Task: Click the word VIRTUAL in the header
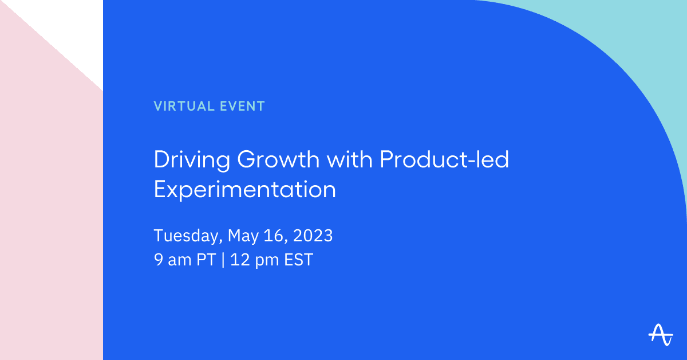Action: (184, 106)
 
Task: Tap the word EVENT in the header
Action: (242, 106)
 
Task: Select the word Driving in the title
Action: (192, 161)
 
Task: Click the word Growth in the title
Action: (278, 160)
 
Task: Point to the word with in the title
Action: (350, 159)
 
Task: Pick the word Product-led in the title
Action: (444, 159)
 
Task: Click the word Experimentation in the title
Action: (245, 190)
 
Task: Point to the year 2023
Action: (313, 236)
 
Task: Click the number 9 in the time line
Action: (158, 260)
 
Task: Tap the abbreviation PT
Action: (206, 260)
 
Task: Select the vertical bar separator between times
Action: (223, 260)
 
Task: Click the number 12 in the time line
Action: (240, 260)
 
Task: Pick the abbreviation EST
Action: (298, 260)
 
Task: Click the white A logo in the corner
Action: (661, 335)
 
